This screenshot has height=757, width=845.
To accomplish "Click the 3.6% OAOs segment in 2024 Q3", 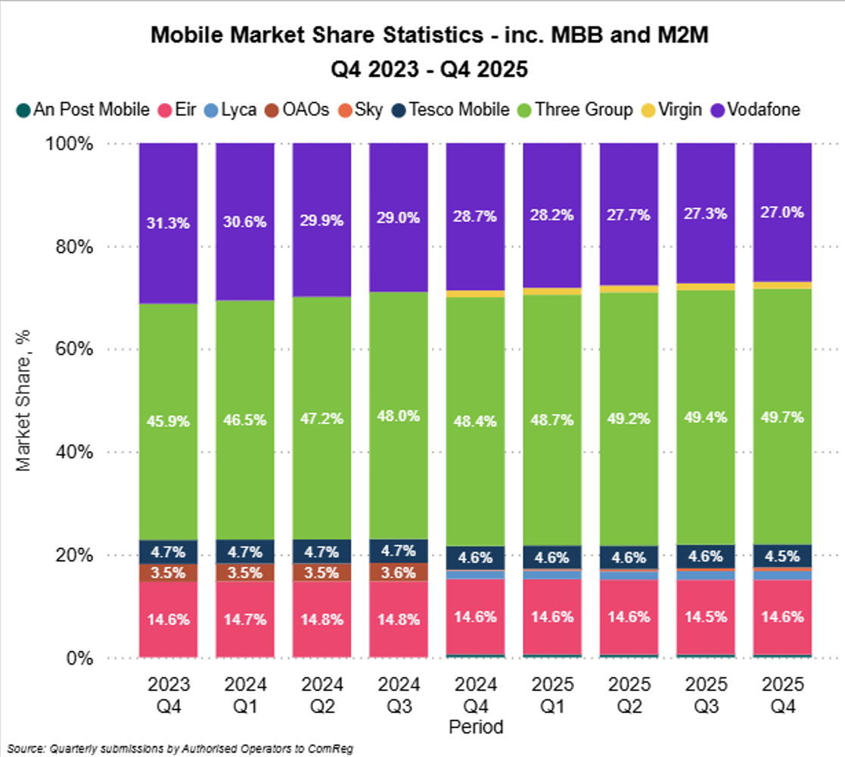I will [399, 572].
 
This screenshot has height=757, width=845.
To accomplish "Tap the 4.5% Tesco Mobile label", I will [782, 557].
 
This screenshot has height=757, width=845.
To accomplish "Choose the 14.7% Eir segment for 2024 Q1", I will [245, 620].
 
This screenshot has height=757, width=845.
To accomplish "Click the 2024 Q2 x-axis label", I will [322, 694].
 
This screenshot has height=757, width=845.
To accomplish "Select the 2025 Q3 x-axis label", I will [706, 694].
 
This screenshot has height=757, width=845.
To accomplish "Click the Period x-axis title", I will [475, 727].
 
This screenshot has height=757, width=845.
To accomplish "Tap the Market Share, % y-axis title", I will [25, 400].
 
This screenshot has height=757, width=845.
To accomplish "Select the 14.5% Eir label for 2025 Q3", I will [706, 617].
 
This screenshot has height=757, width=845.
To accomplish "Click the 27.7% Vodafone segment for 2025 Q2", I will [629, 216].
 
